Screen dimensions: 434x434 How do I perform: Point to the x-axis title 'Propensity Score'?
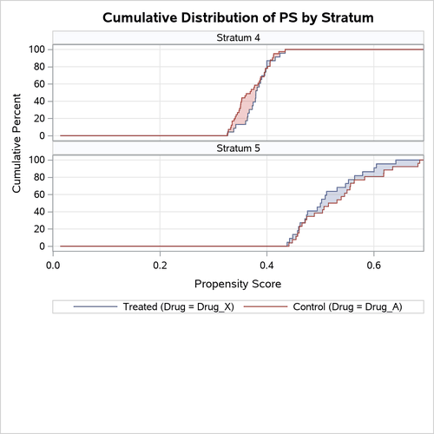pos(238,283)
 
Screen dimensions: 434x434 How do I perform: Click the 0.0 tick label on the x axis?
pos(54,264)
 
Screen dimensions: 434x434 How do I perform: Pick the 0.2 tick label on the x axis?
pos(161,264)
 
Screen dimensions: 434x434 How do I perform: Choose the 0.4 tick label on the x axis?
pos(266,264)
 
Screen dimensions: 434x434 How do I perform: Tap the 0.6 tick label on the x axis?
pos(373,264)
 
